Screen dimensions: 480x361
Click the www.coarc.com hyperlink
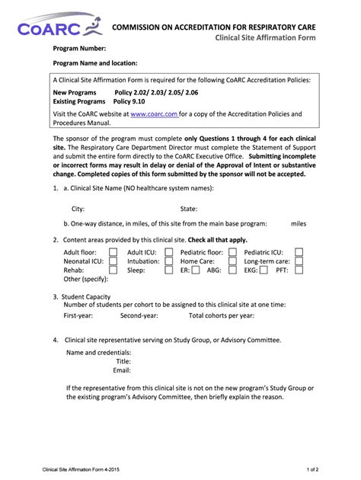click(155, 114)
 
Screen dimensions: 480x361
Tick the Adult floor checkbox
click(113, 251)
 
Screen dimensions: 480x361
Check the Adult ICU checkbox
click(169, 251)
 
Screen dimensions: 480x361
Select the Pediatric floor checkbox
click(234, 251)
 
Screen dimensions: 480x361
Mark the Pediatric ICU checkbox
click(299, 251)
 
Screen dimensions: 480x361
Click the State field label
click(188, 208)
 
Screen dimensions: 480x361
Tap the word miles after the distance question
click(298, 224)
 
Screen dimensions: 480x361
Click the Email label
click(122, 370)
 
